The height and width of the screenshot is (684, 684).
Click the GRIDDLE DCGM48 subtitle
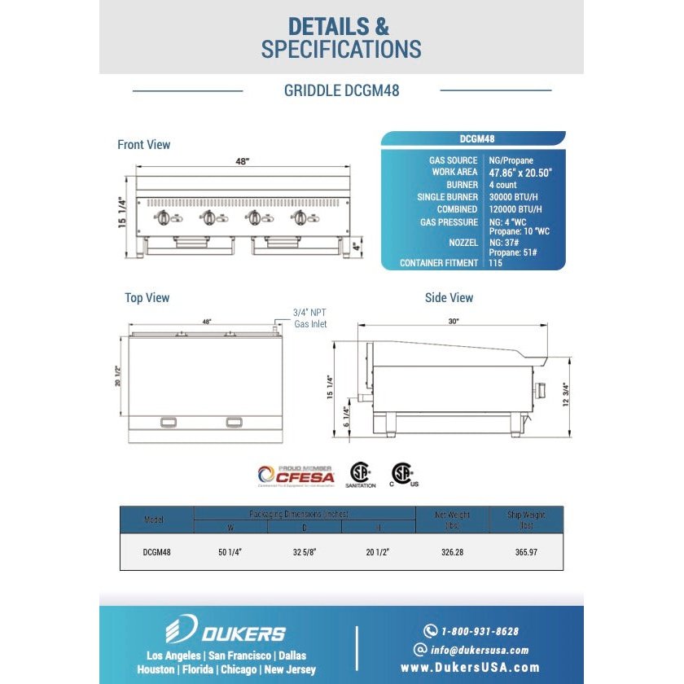341,90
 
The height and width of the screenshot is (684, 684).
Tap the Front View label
144,145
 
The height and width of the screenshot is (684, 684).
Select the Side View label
449,298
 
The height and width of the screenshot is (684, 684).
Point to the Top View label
147,298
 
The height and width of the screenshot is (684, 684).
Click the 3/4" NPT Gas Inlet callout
309,318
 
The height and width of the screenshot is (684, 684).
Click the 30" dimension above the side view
453,322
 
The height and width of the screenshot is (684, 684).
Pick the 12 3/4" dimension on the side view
566,400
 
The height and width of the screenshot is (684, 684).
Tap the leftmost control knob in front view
163,217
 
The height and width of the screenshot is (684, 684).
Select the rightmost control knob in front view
301,217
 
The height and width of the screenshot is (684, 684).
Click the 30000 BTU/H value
513,197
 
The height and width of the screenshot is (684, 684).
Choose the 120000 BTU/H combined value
515,209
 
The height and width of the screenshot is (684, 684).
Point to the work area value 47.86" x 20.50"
520,173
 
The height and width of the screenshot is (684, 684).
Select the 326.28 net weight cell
451,552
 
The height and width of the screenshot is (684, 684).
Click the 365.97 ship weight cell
525,552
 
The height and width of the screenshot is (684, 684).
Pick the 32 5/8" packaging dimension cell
304,552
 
